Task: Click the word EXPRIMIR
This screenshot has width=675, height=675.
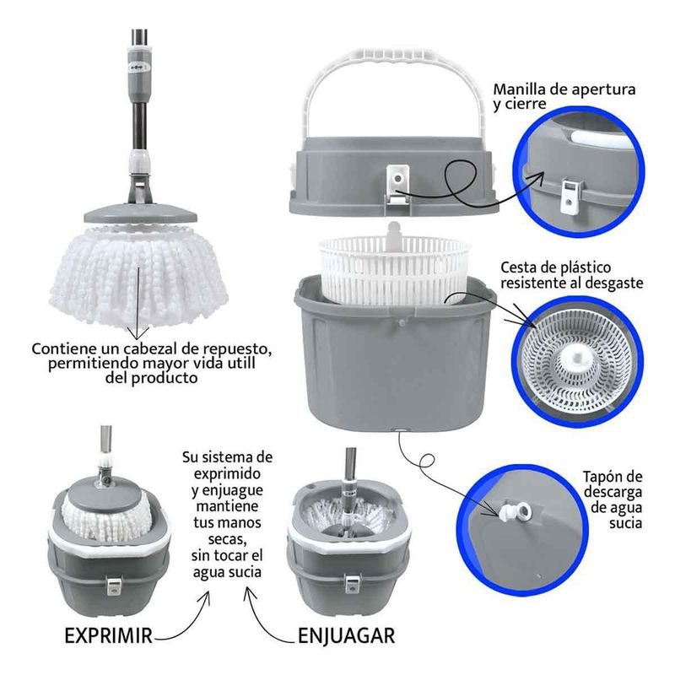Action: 109,635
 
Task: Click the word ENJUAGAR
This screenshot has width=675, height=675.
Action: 346,636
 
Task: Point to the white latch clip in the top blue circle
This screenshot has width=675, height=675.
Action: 571,196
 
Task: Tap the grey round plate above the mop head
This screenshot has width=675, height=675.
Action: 140,213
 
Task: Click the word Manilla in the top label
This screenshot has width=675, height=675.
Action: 518,89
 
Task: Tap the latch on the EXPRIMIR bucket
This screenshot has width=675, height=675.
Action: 114,586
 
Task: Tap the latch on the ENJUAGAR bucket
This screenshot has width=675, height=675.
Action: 352,584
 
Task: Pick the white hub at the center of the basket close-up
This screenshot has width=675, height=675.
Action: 577,359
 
